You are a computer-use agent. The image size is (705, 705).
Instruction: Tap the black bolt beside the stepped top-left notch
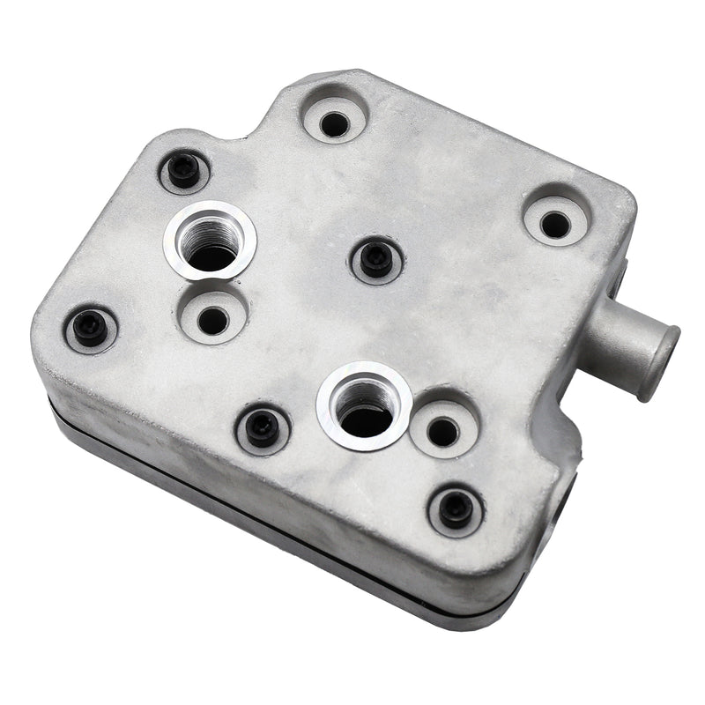coord(184,170)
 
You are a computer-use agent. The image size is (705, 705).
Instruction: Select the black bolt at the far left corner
coord(90,327)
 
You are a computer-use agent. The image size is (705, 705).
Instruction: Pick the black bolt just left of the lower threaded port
coord(263,428)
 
